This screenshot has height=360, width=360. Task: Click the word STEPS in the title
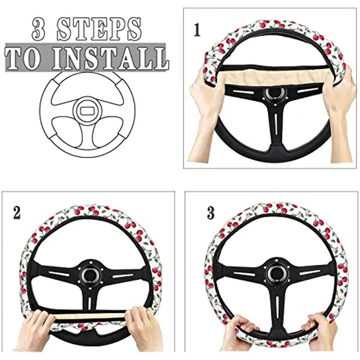tap(99, 29)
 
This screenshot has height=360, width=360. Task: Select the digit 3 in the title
tap(38, 29)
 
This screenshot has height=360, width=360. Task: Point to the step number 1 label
tap(197, 30)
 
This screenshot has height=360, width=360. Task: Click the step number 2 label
tap(17, 213)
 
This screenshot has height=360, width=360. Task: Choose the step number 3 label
tap(211, 213)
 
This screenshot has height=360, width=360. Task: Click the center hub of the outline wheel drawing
tap(87, 111)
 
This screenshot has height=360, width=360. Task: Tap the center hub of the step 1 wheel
tap(275, 94)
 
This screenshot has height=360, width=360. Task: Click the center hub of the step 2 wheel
tap(90, 274)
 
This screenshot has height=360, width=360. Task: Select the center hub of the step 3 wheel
tap(276, 273)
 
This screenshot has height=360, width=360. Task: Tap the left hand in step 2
tap(35, 329)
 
